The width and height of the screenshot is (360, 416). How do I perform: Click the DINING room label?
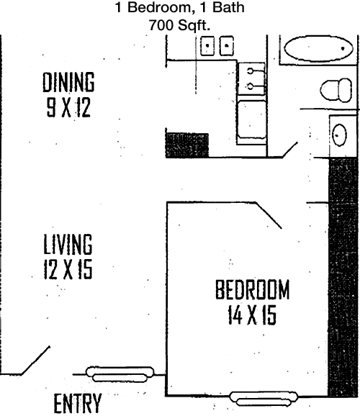pyautogui.click(x=68, y=82)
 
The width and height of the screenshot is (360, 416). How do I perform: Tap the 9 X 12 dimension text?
pyautogui.click(x=68, y=107)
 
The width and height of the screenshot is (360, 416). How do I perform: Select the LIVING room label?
pyautogui.click(x=68, y=244)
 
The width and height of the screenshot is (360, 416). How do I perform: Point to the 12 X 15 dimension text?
pyautogui.click(x=68, y=269)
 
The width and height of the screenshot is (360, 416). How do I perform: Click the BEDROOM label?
pyautogui.click(x=252, y=289)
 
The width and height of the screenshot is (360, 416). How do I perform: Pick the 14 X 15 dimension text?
pyautogui.click(x=252, y=315)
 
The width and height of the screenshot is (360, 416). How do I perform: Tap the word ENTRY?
pyautogui.click(x=78, y=404)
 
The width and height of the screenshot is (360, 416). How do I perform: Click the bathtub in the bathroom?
pyautogui.click(x=318, y=48)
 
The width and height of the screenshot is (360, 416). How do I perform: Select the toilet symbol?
pyautogui.click(x=336, y=90)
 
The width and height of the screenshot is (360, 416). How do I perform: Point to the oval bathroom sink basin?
pyautogui.click(x=340, y=135)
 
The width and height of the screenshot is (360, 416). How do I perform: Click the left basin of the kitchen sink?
pyautogui.click(x=207, y=45)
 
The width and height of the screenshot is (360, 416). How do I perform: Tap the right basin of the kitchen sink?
pyautogui.click(x=227, y=45)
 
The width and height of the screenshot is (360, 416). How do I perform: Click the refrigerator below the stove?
pyautogui.click(x=252, y=119)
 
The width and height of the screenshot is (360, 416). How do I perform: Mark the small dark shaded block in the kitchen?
pyautogui.click(x=187, y=145)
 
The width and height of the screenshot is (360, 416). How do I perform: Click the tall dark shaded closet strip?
pyautogui.click(x=343, y=277)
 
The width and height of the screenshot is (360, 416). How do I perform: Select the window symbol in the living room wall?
pyautogui.click(x=120, y=374)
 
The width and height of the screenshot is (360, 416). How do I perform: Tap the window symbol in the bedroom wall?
pyautogui.click(x=264, y=399)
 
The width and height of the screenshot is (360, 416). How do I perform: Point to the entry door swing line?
pyautogui.click(x=35, y=361)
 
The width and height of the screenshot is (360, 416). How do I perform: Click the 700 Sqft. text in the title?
pyautogui.click(x=179, y=25)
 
